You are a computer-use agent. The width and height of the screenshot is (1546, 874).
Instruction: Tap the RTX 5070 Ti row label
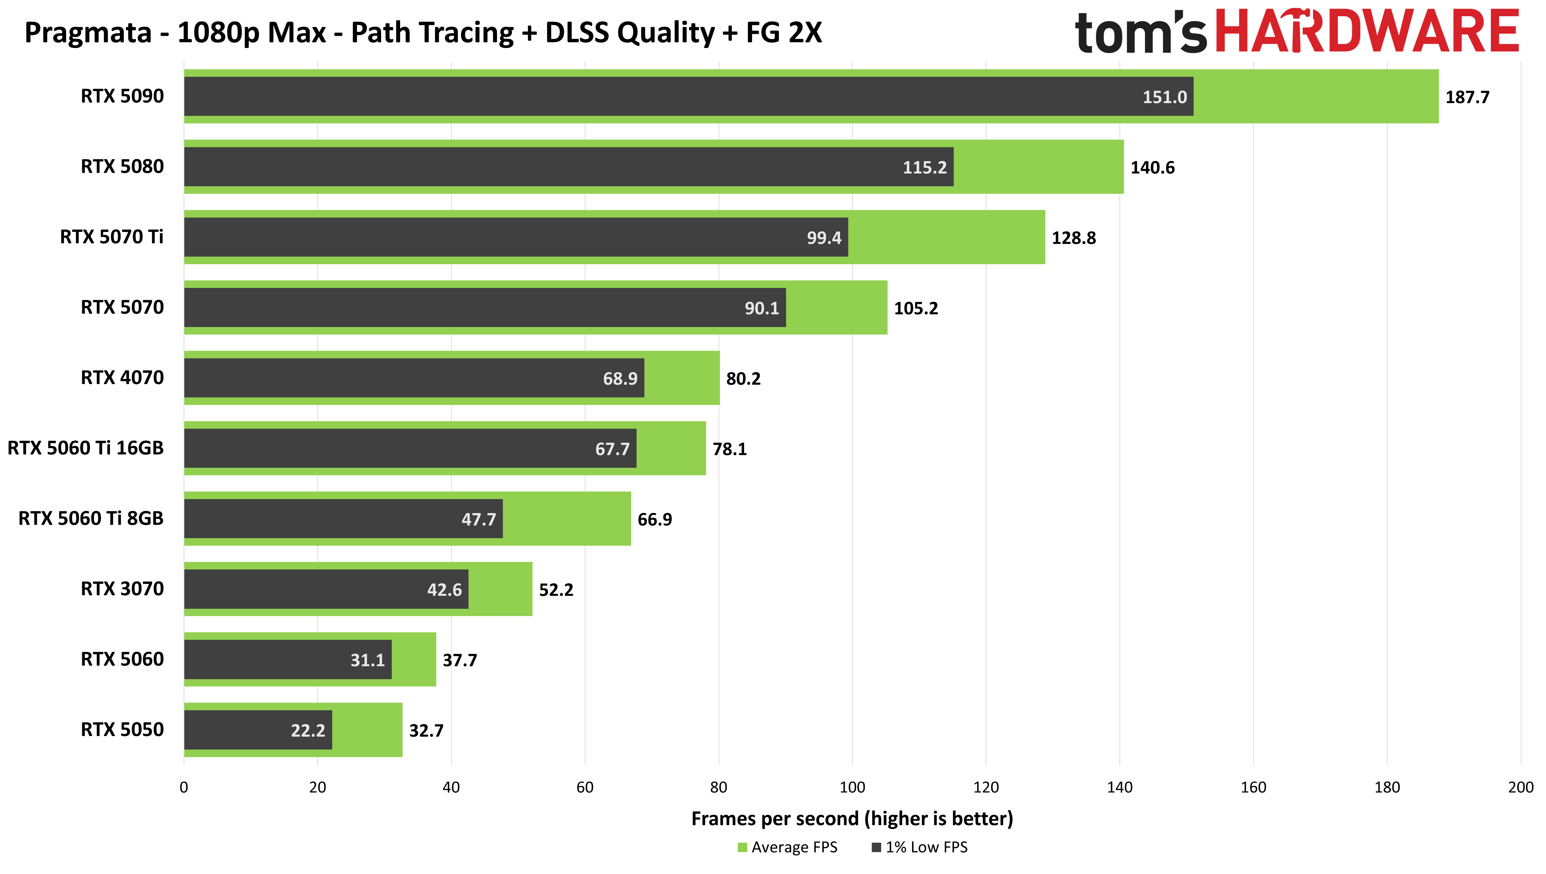point(112,237)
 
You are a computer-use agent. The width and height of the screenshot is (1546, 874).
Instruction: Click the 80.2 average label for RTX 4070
point(743,379)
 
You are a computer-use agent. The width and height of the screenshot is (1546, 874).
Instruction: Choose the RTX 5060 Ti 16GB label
point(85,448)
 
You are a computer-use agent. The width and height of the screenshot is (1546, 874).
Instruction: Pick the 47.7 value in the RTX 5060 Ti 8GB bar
point(478,519)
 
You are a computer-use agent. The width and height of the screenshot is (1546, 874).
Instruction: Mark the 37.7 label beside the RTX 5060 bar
point(460,660)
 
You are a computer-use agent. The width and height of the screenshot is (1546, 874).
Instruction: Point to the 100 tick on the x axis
point(852,788)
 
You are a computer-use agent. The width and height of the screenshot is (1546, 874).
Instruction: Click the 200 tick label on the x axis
point(1520,788)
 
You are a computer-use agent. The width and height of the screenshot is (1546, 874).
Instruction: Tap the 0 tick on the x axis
point(184,788)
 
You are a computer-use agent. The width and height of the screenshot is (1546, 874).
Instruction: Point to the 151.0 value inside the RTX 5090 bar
point(1164,97)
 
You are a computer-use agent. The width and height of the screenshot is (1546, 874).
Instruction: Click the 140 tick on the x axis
point(1119,788)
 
